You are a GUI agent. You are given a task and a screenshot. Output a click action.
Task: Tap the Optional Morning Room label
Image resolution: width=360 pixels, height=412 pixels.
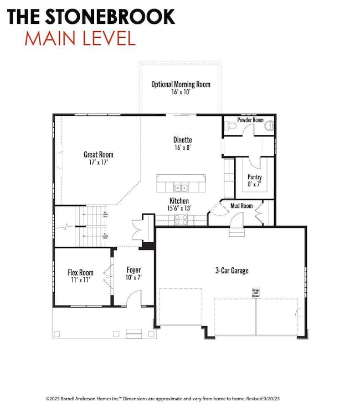pos(181,84)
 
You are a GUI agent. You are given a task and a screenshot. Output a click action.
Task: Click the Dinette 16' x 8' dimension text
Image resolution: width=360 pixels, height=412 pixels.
pos(182,149)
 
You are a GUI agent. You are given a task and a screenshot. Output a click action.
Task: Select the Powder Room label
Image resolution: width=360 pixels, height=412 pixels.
pos(250,120)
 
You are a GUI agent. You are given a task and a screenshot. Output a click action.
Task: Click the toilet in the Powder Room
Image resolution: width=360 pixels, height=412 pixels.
pos(232,126)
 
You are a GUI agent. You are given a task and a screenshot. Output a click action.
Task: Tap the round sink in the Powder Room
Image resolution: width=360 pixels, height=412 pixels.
pos(269,126)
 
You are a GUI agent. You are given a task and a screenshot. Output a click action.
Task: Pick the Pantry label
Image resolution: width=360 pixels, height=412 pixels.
pos(255,177)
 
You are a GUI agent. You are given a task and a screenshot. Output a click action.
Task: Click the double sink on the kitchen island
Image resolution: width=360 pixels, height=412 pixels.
pos(180,187)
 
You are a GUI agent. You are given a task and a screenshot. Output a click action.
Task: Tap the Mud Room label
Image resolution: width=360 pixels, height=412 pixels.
pos(241,206)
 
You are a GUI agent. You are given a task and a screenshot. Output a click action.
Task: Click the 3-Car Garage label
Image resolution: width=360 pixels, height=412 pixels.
pos(232,271)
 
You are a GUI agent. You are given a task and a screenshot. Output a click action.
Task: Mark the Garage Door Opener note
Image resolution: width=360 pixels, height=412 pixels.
pos(256,293)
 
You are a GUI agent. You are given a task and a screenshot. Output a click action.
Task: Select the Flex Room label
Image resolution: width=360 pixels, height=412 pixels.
pos(80,273)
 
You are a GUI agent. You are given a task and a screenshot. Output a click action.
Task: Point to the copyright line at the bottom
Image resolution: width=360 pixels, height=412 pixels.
pos(180,398)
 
